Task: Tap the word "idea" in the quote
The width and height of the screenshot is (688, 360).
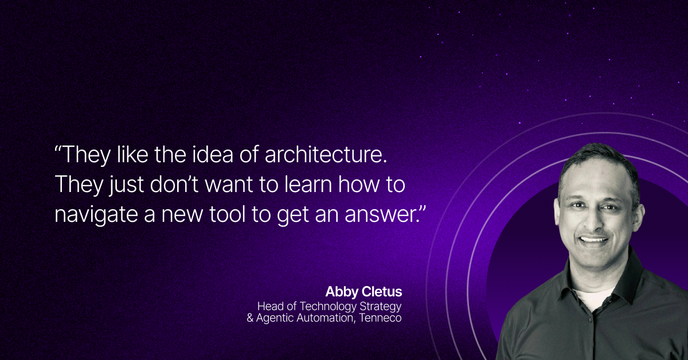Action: pos(212,154)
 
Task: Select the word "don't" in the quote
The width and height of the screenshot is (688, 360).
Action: pos(174,185)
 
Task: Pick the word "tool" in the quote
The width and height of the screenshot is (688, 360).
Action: pos(228,214)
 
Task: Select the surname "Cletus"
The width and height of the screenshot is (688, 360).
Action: pos(382,292)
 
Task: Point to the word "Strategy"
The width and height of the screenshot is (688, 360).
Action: pos(381,307)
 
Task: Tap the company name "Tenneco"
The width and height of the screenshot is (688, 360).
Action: pos(381,318)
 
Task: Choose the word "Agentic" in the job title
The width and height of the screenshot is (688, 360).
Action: pos(275,318)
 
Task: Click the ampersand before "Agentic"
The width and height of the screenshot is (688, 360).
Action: pos(250,318)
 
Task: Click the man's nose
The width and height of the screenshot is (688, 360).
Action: pos(596,220)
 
